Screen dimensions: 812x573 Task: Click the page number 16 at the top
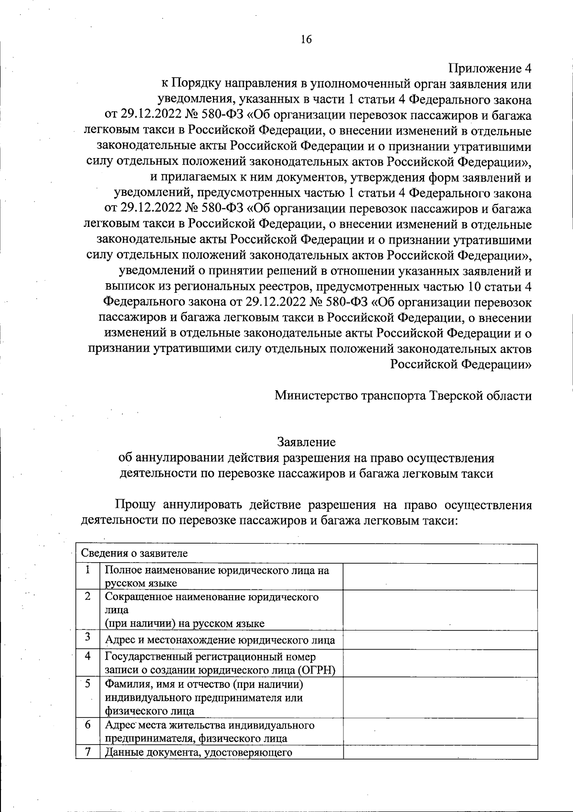pos(306,39)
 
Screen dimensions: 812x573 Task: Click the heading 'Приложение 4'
pos(489,69)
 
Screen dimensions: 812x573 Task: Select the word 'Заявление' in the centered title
pos(306,442)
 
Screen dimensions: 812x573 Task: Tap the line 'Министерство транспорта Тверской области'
pos(403,395)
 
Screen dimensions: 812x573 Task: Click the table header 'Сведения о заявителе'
pos(134,554)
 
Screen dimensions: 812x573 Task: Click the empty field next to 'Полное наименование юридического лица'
pos(440,577)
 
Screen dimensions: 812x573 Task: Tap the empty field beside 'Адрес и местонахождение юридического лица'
pos(440,640)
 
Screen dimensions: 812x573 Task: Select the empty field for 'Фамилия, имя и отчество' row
pos(440,696)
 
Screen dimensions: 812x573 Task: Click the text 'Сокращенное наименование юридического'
pos(212,597)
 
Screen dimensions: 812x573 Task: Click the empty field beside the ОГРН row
pos(440,663)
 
